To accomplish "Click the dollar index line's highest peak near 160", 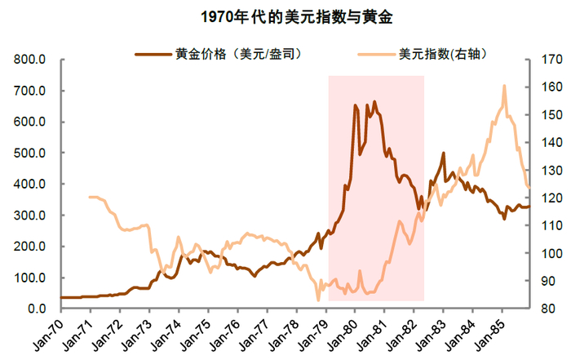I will click(x=504, y=86).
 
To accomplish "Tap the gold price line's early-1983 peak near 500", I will click(x=443, y=153).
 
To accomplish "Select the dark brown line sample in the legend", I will click(x=153, y=55).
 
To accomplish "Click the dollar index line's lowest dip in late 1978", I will click(x=318, y=300).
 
